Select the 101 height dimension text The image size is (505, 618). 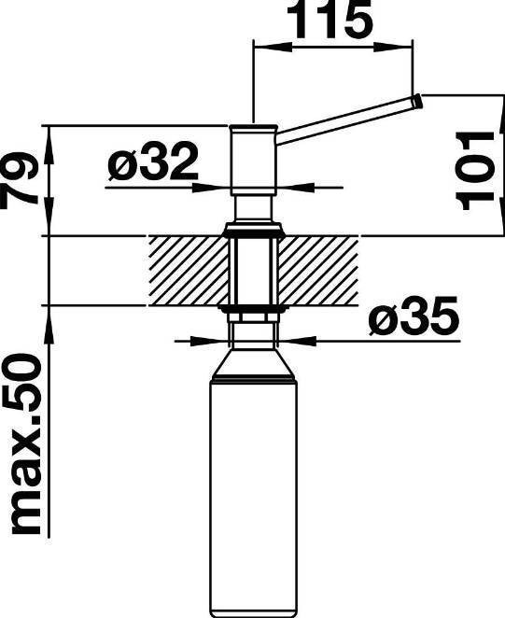tap(474, 170)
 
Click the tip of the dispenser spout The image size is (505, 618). tap(419, 102)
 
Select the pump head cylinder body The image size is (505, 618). tap(254, 160)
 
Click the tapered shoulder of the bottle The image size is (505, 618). tap(252, 362)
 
